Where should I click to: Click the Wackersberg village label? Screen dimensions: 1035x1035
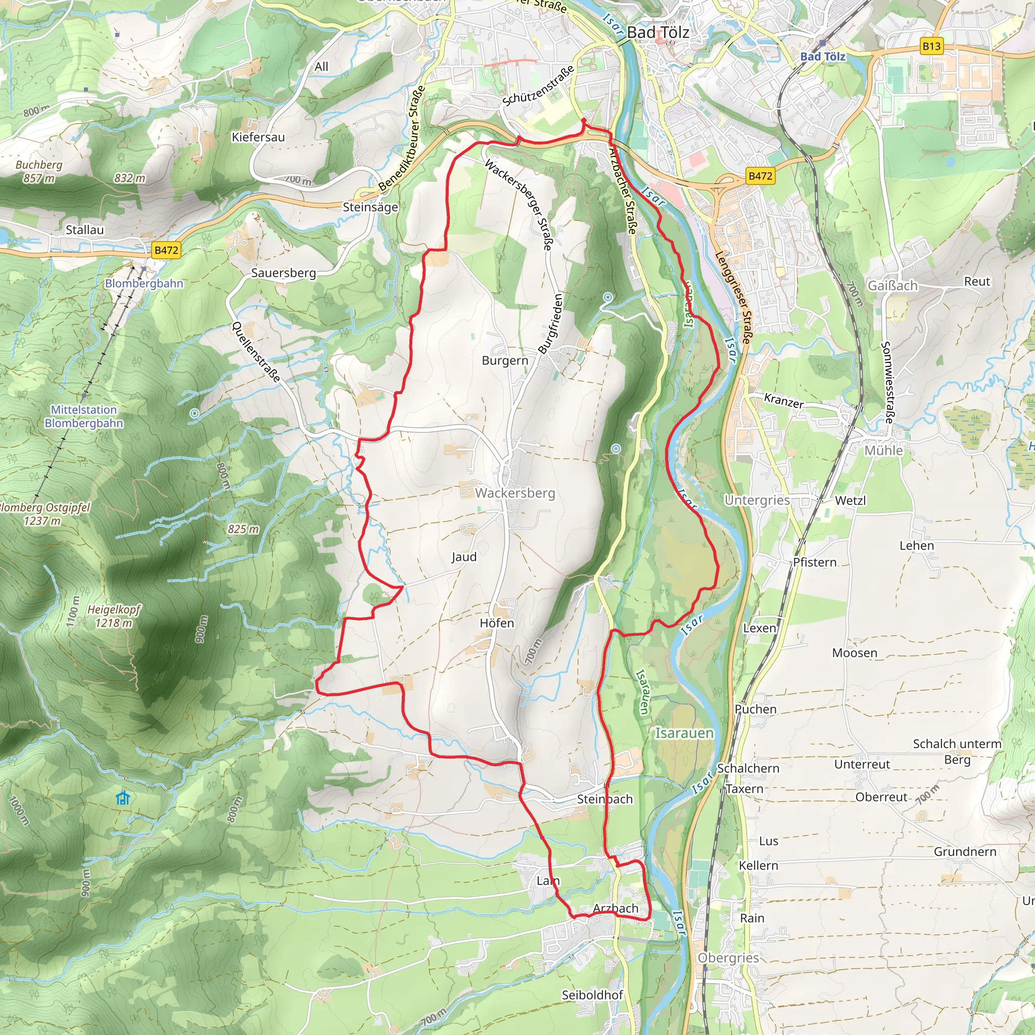(515, 493)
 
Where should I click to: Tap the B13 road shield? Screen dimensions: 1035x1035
(931, 46)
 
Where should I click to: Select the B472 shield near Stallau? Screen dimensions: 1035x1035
(166, 250)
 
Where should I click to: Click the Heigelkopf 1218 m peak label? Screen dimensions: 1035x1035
(114, 616)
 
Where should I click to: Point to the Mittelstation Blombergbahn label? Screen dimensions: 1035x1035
(83, 416)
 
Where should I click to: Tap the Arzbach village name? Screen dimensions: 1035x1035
(616, 909)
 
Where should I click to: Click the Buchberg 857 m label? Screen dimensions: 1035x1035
(38, 171)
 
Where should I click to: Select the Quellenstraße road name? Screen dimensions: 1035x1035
(256, 351)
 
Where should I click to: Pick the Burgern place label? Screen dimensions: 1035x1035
(505, 360)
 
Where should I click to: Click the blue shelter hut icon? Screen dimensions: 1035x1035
(123, 798)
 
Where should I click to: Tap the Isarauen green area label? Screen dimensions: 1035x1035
(684, 733)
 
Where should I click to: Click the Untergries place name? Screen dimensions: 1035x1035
(757, 500)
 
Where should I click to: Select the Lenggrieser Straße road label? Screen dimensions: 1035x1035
(733, 298)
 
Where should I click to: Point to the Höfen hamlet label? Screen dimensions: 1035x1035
(497, 623)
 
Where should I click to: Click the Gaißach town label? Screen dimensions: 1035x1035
(892, 286)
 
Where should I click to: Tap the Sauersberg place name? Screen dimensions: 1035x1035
(284, 273)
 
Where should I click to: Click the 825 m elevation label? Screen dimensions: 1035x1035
(243, 529)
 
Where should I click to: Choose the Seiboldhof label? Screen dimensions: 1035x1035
(592, 995)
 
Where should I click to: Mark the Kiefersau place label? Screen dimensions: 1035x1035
(258, 137)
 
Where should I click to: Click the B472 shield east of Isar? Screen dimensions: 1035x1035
(760, 176)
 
